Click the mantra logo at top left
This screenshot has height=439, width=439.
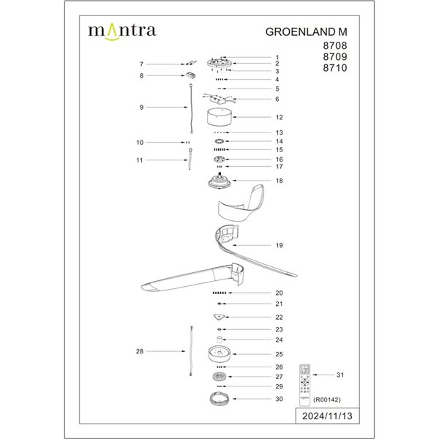coord(121,31)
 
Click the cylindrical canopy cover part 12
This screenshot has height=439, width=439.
coord(219,117)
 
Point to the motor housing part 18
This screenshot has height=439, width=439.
coord(219,180)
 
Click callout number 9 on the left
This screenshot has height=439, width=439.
coord(141,108)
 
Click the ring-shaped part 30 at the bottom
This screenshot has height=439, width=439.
coord(219,399)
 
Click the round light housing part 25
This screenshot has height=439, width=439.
coord(219,354)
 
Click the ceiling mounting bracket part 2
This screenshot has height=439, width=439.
coord(219,64)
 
